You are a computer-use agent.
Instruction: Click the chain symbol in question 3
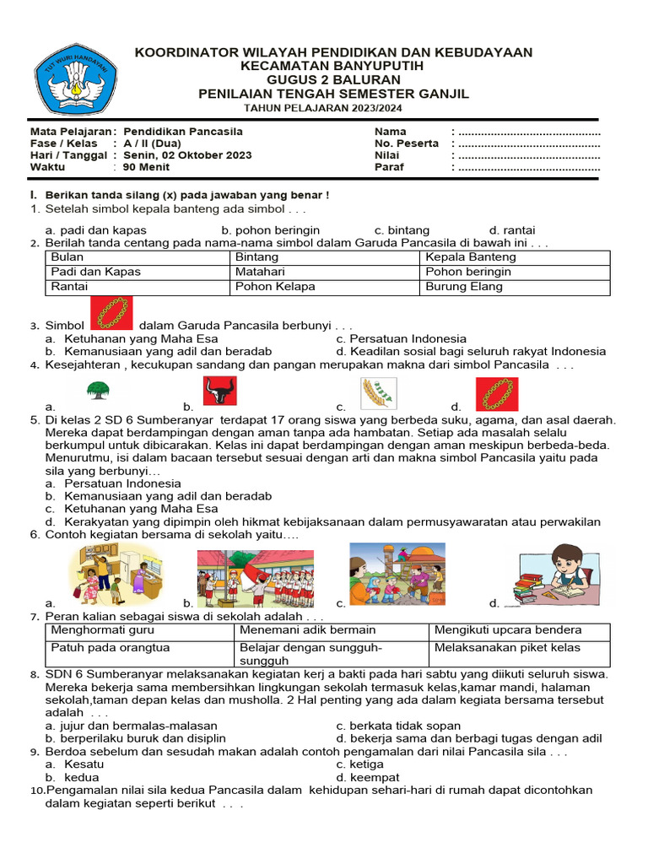click(x=111, y=312)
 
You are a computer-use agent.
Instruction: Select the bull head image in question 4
click(x=220, y=392)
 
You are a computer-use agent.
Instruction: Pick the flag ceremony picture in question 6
click(x=256, y=578)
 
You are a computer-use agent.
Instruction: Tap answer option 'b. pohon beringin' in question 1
click(x=270, y=230)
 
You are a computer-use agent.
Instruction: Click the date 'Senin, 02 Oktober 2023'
click(x=187, y=155)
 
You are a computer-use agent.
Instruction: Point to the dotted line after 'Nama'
click(x=527, y=132)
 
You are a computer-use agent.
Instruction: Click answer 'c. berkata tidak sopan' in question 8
click(x=398, y=726)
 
